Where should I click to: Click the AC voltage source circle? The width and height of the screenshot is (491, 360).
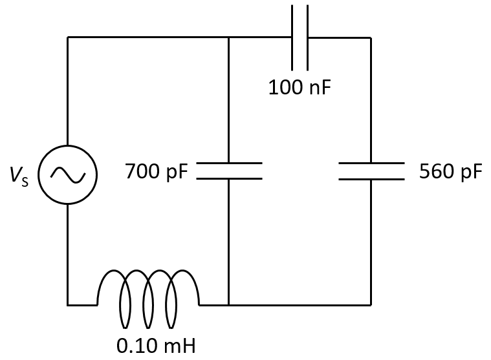point(68,175)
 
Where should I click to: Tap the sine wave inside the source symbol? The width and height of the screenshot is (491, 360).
point(68,175)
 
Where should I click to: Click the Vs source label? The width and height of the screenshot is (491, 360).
point(19,176)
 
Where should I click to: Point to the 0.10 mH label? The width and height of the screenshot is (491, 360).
point(155,345)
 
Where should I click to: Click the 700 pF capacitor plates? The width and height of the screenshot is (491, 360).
point(229,171)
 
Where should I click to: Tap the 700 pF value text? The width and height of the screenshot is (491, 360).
point(157,172)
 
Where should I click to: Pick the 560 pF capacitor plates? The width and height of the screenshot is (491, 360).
point(371,171)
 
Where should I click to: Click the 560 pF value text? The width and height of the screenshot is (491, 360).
point(450,172)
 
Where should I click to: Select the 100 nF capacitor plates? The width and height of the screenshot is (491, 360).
point(300,37)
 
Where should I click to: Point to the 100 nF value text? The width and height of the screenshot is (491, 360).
point(300,87)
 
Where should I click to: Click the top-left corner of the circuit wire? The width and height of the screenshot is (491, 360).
point(68,37)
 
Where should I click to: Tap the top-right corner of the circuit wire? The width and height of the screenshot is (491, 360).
point(371,37)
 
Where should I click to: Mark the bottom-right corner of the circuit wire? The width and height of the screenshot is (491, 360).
point(371,304)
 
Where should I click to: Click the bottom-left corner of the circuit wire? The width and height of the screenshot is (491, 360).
point(68,304)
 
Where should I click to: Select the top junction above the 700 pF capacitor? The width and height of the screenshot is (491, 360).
point(229,37)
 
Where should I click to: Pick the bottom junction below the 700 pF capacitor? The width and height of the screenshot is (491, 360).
point(229,304)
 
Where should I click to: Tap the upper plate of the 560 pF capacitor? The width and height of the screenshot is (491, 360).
point(371,163)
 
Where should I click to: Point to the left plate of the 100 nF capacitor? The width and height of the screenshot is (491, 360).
point(292,37)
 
